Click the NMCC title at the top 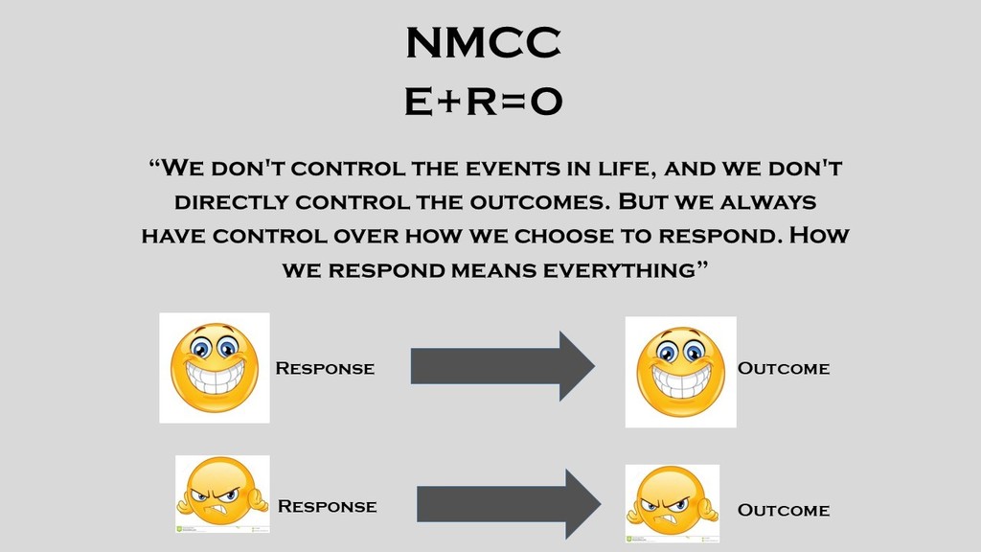click(483, 42)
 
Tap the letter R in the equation click(482, 102)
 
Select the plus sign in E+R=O click(449, 102)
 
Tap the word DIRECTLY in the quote click(232, 202)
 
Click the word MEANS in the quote click(493, 270)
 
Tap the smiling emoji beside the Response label click(215, 368)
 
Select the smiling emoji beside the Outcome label click(681, 372)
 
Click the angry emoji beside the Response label click(222, 494)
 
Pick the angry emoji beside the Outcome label click(673, 503)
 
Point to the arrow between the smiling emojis click(502, 366)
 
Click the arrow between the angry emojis click(509, 504)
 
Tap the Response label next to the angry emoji click(328, 506)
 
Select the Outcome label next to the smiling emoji click(784, 368)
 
